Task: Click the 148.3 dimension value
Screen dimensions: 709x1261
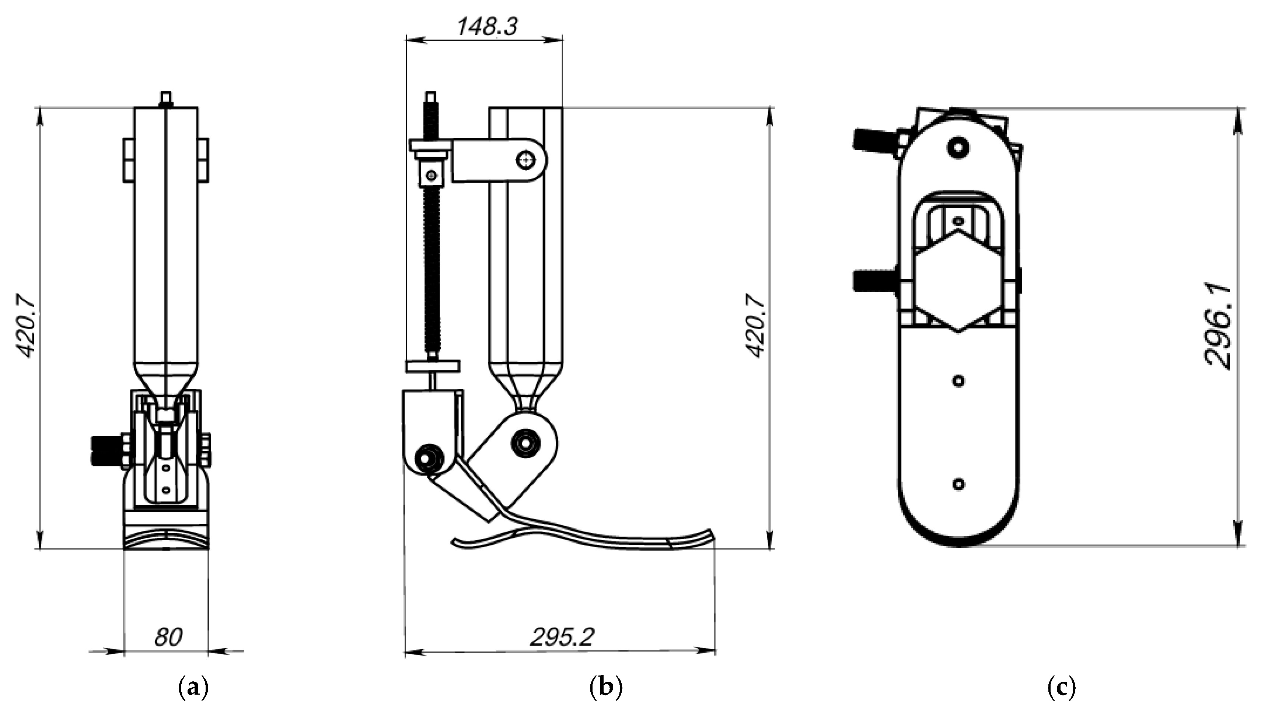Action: pyautogui.click(x=487, y=27)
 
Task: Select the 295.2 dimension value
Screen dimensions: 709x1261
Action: pyautogui.click(x=562, y=636)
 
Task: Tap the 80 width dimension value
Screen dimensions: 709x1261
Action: pyautogui.click(x=168, y=636)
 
